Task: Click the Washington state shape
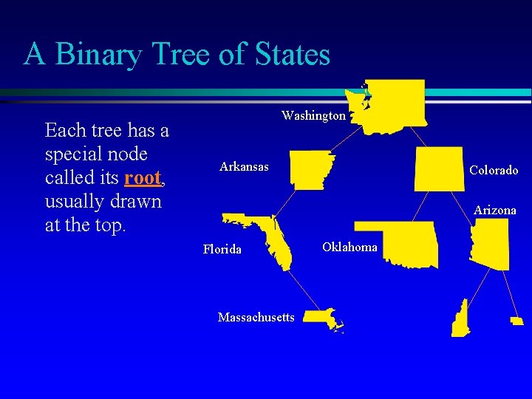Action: (392, 105)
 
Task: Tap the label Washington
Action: (313, 116)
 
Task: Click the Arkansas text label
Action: (244, 167)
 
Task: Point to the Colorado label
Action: (494, 171)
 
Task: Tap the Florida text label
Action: (222, 250)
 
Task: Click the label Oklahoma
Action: (349, 247)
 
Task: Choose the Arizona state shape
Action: (491, 244)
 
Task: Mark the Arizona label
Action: (494, 211)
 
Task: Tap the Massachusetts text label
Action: (256, 318)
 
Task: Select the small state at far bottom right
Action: (516, 321)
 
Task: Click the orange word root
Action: (143, 178)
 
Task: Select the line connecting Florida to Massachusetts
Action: (299, 288)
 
